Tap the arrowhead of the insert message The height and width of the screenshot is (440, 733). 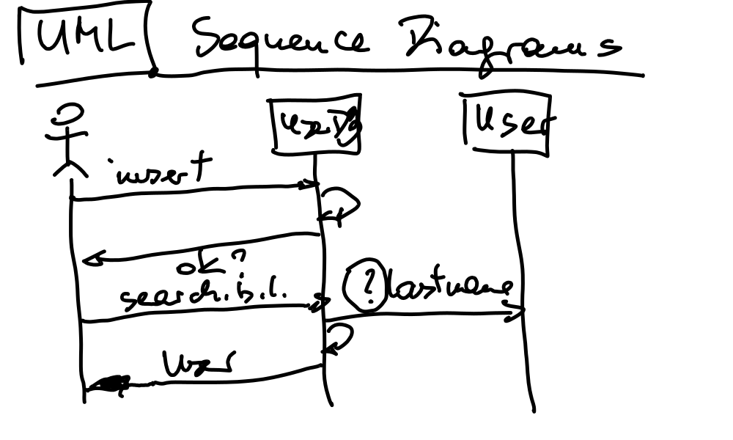(308, 186)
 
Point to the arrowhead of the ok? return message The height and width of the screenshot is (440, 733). (92, 257)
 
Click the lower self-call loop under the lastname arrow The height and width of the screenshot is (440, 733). (339, 340)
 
